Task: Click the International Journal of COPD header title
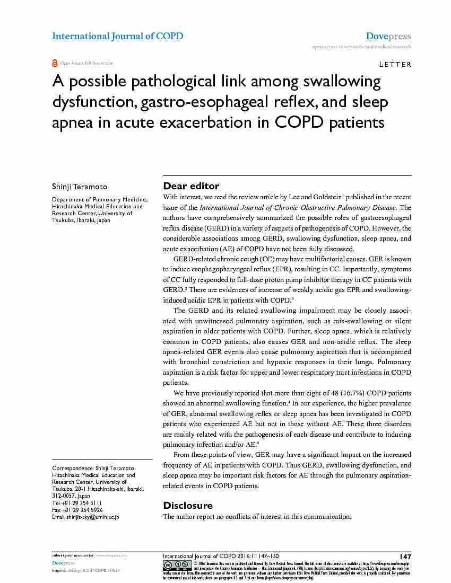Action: click(117, 36)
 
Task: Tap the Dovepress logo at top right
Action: click(388, 37)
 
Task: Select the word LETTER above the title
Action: click(395, 65)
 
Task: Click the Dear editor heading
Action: click(190, 185)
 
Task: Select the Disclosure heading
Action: click(188, 505)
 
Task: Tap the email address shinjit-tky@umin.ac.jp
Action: click(93, 517)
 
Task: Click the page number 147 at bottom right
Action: click(405, 556)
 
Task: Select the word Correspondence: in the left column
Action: click(72, 469)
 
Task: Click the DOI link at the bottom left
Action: click(89, 570)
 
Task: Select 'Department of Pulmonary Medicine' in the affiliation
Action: click(100, 200)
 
